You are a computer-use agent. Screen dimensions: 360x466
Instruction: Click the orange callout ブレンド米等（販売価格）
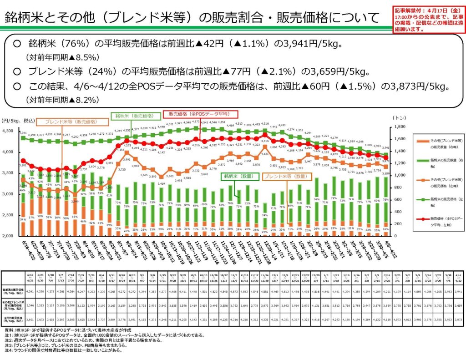[72, 122]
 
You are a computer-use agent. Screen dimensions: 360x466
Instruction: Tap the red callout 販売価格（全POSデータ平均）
[198, 114]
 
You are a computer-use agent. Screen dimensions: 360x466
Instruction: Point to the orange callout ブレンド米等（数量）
[284, 176]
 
